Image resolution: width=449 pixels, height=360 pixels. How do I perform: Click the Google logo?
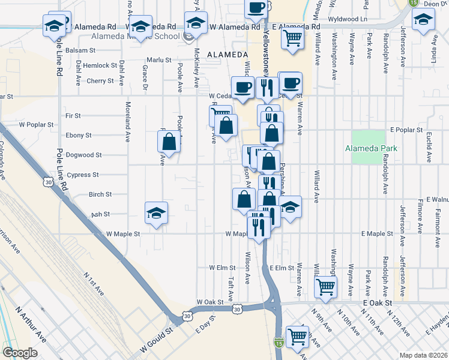(20, 353)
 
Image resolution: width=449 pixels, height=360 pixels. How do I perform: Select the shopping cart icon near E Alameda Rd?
(292, 38)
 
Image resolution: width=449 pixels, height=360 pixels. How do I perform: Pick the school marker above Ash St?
(156, 212)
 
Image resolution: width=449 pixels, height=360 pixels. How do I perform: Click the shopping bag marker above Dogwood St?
(169, 142)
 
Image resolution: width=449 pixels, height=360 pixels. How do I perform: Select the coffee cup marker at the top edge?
(256, 8)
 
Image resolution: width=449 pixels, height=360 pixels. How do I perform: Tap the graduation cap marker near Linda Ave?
(424, 22)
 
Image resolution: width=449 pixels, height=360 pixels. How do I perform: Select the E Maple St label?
(376, 233)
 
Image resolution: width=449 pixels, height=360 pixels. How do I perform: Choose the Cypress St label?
(83, 175)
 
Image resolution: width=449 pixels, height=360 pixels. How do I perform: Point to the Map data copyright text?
(423, 355)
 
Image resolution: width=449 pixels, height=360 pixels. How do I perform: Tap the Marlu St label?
(160, 60)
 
